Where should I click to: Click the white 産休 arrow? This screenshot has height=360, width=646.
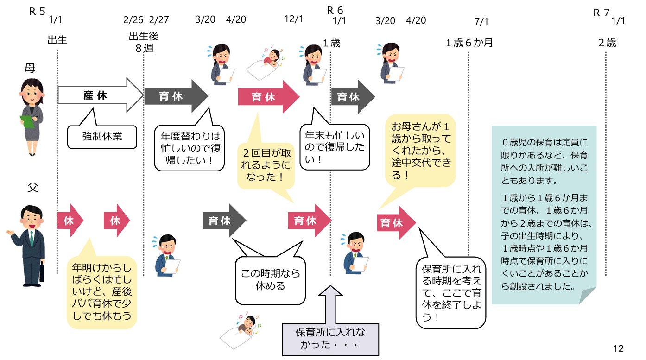tap(100, 96)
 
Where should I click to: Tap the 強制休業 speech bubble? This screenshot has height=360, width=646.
tap(102, 136)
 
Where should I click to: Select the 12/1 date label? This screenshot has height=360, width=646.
tap(293, 19)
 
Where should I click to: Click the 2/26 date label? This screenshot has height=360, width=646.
tap(133, 19)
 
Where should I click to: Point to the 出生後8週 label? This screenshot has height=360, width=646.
tap(144, 43)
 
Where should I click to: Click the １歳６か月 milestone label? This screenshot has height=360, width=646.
tap(469, 43)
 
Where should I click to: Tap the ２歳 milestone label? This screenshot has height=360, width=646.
tap(607, 43)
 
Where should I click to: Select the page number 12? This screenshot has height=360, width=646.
tap(618, 349)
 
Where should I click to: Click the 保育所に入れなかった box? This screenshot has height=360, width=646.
tap(330, 339)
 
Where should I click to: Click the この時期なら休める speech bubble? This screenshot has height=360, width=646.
tap(270, 279)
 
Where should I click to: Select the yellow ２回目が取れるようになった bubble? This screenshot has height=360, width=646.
tap(266, 164)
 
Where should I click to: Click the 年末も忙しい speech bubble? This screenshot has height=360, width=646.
tap(334, 147)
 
